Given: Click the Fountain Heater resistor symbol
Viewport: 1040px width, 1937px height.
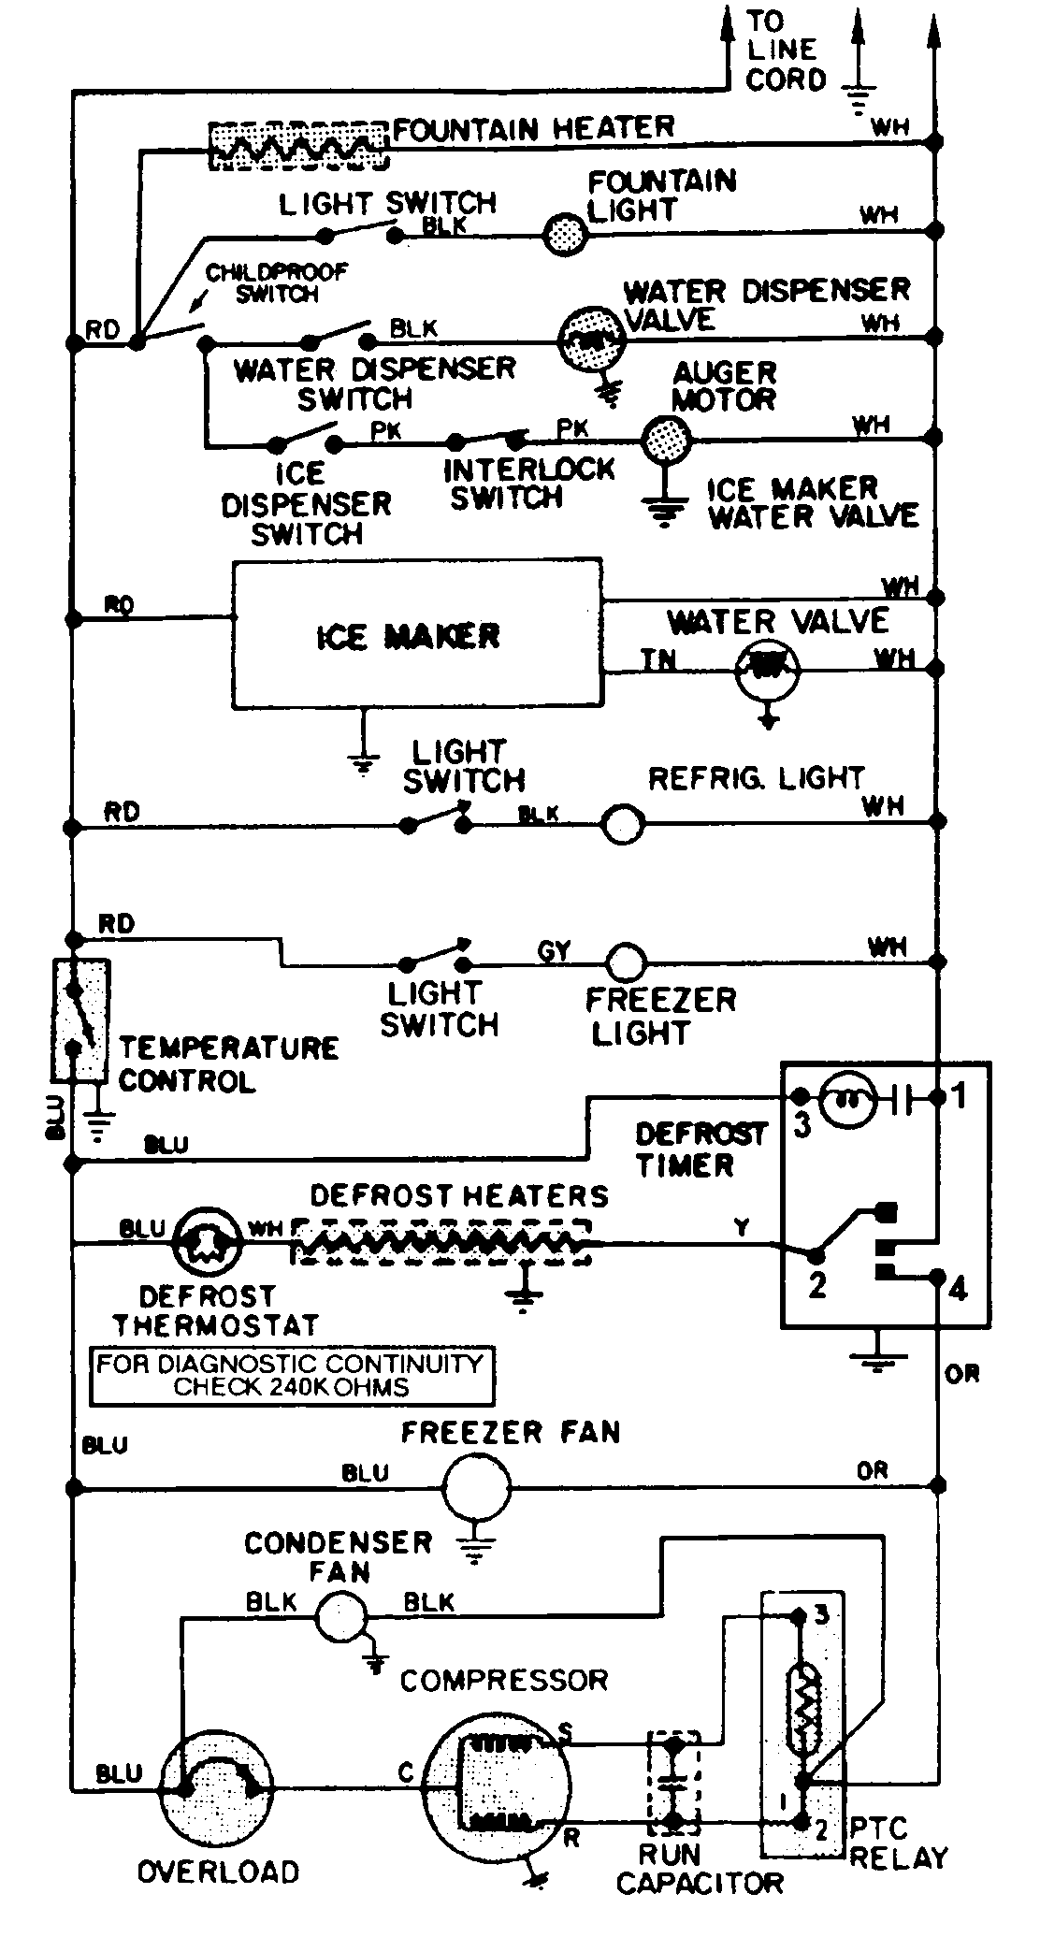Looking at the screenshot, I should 297,146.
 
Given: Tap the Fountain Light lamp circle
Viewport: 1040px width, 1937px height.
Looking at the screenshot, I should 565,231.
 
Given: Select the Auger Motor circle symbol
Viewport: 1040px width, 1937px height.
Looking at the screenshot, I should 666,437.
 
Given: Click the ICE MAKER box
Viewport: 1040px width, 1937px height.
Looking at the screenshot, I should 417,636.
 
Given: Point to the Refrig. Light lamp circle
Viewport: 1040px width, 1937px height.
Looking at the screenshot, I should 623,825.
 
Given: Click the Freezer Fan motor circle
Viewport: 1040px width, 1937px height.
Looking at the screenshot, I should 476,1486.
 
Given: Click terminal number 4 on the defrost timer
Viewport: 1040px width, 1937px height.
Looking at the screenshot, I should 958,1290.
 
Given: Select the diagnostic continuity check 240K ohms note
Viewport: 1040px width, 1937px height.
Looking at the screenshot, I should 291,1375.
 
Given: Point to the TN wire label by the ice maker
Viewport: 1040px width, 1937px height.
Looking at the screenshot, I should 657,660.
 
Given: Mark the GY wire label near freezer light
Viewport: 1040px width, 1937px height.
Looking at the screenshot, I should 554,952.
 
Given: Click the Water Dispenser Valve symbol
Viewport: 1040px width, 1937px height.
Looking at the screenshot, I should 590,340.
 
